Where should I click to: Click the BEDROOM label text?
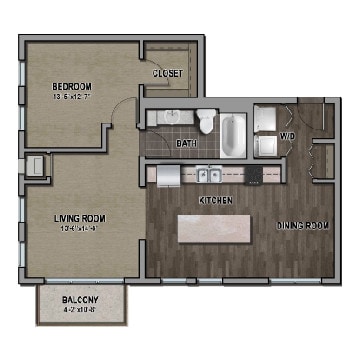(71, 86)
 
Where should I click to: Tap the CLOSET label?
(169, 74)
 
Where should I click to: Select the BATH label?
(186, 144)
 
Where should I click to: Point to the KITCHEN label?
(216, 201)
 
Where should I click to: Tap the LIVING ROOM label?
(79, 218)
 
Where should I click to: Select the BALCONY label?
(81, 299)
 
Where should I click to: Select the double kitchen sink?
(210, 176)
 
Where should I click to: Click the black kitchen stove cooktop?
(255, 176)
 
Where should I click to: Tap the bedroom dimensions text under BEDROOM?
(71, 97)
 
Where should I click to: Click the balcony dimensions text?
(81, 309)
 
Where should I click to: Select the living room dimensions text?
(79, 229)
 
